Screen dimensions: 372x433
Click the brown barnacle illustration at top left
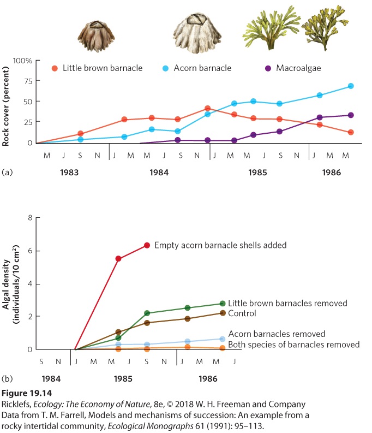point(96,36)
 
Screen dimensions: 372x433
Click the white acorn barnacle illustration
point(197,33)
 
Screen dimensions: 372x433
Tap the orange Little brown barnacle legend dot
point(55,68)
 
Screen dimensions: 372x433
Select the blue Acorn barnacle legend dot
point(165,68)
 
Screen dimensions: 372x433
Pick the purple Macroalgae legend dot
point(268,68)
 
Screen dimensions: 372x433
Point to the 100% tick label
point(22,61)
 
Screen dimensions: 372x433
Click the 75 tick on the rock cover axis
point(28,81)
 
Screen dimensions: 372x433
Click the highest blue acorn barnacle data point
point(351,86)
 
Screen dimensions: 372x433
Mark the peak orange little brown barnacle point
point(208,108)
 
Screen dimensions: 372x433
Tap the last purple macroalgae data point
point(351,115)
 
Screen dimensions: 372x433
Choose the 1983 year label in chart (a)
point(69,173)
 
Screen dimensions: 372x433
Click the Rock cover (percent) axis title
point(5,106)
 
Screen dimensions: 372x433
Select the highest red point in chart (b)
point(147,245)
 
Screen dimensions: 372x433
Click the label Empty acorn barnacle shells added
point(220,245)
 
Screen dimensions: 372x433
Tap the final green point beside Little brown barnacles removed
point(223,304)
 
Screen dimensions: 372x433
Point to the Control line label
point(242,313)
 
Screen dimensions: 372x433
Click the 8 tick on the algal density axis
point(30,218)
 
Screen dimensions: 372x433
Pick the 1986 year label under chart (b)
point(208,378)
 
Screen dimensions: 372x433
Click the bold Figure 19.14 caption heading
point(27,393)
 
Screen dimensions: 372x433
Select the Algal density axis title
point(10,284)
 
